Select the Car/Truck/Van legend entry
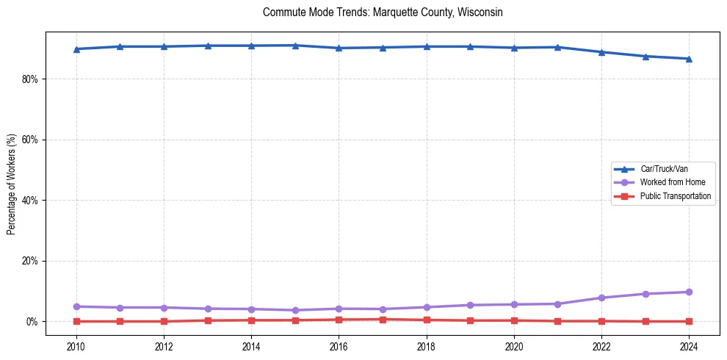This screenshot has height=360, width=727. pos(664,169)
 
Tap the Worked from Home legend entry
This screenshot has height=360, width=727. pos(672,182)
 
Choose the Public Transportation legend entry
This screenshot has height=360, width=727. pos(675,196)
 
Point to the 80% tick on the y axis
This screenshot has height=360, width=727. pos(31,79)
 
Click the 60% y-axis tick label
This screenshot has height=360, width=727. pos(31,140)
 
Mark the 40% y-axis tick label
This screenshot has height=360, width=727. pos(31,200)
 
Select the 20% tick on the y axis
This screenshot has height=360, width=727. pos(31,261)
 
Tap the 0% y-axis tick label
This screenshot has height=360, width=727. pos(33,322)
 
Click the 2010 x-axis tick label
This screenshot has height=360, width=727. pos(76,345)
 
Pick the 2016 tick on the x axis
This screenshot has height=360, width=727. pos(339,345)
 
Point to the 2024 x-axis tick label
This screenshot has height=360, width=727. pos(689,345)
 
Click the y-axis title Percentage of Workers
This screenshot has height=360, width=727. pos(12,184)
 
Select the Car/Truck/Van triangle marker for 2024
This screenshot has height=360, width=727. pos(689,59)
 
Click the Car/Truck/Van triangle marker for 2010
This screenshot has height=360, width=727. pos(76,49)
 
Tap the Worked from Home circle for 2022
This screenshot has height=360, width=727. pos(601,298)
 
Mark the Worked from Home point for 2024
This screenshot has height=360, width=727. pos(689,292)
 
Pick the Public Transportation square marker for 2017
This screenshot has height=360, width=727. pos(383,320)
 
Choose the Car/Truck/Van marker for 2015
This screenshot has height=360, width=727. pos(295,46)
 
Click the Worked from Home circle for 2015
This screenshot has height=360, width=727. pos(295,310)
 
